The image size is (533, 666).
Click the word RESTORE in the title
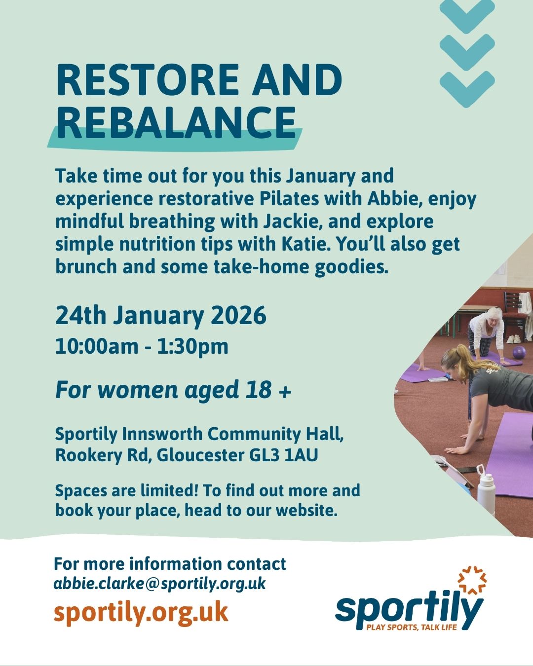coord(148,79)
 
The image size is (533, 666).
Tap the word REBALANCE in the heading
coord(176,122)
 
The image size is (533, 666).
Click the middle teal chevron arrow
coord(467,52)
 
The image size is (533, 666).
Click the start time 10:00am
coord(97,346)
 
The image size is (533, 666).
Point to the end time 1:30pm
coord(192,347)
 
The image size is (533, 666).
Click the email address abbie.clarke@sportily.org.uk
coord(159,584)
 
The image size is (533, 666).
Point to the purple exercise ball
coord(519,353)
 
